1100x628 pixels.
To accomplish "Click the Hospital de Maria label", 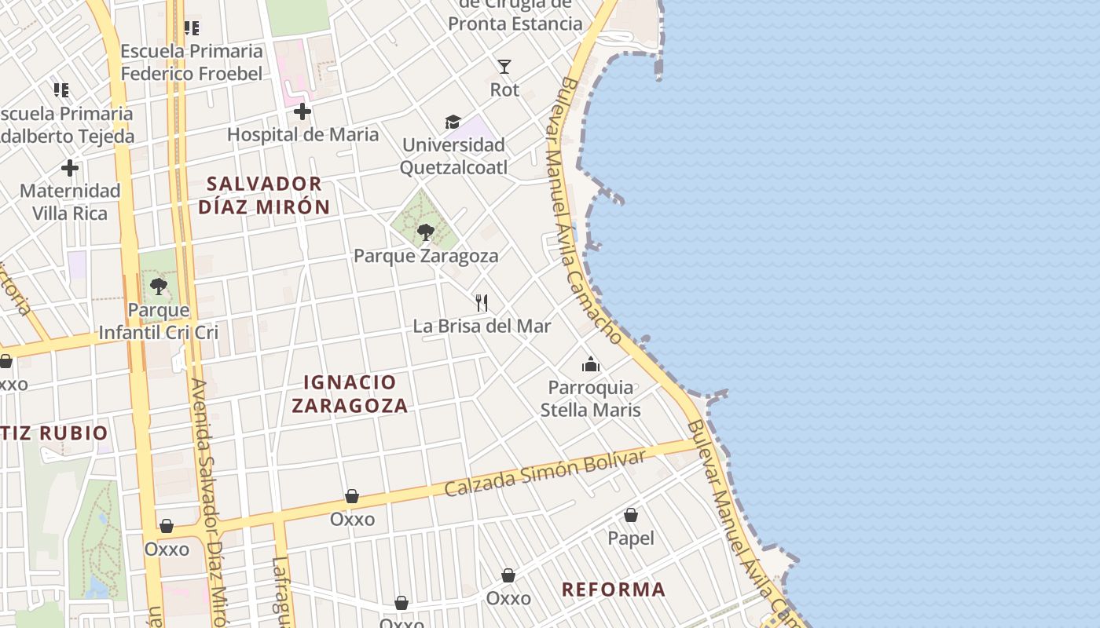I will point(302,134).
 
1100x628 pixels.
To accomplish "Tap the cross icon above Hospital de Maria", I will point(302,112).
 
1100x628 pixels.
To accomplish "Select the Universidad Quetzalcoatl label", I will point(453,156).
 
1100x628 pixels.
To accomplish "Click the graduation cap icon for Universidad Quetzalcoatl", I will point(453,122).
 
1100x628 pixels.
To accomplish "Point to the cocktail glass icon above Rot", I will point(504,67).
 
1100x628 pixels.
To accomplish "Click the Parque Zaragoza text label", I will point(426,256).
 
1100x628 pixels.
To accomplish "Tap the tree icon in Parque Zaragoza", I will point(425,232).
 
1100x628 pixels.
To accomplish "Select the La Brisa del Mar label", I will point(482,326).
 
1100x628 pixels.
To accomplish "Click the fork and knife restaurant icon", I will point(482,302).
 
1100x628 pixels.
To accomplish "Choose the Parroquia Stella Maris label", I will point(591,399).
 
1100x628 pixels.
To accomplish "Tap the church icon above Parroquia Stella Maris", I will point(591,364).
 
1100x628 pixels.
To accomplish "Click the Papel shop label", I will point(631,539).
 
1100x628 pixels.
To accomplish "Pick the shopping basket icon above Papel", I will point(631,516).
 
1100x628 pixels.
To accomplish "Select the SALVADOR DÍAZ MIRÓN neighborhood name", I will point(264,195).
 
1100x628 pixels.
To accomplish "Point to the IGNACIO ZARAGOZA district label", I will point(350,394).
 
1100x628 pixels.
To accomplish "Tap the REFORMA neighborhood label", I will point(614,590).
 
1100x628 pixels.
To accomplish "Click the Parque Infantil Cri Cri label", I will point(159,321).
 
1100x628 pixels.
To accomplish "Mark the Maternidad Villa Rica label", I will point(70,202).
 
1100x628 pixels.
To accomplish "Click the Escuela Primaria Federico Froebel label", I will point(192,63).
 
